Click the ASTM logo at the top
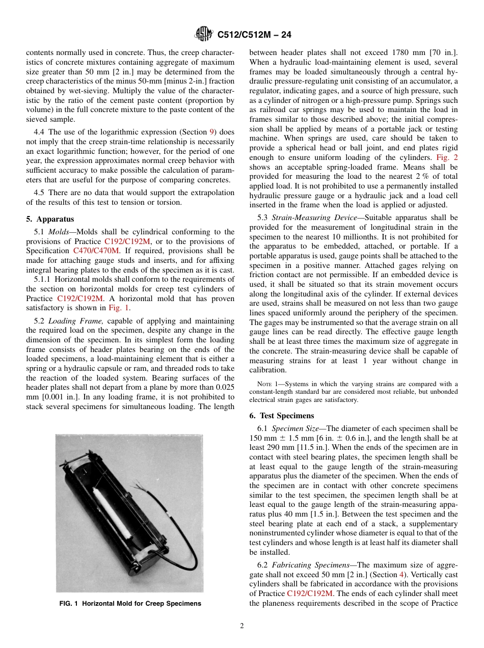204,35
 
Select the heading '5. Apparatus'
50,219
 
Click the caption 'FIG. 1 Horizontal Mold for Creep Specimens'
130,604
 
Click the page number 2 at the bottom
241,626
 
